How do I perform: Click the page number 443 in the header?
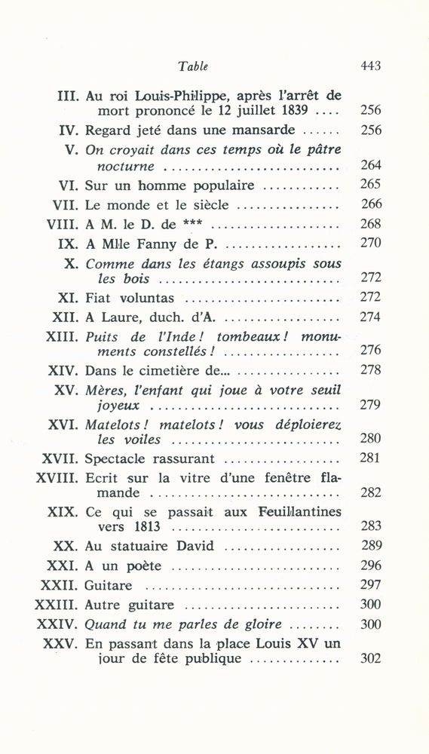[370, 66]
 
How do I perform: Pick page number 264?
[371, 165]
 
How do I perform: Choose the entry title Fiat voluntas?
[130, 297]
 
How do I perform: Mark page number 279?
[371, 405]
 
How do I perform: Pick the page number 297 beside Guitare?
[371, 585]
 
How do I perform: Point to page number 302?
[371, 658]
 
